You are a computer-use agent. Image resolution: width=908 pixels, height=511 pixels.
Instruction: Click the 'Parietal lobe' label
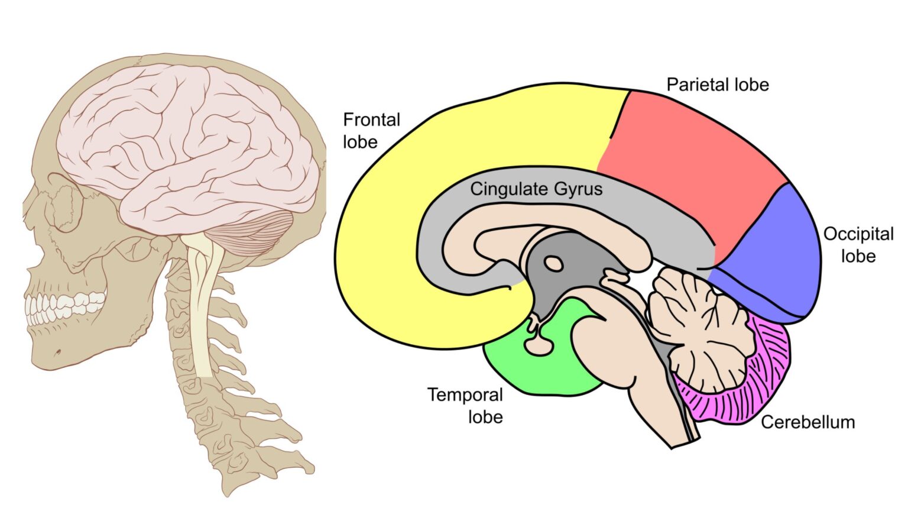[x=717, y=85]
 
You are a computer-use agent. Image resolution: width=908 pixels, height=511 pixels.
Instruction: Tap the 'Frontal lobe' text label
[x=371, y=131]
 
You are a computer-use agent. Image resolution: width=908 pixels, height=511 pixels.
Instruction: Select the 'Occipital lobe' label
[x=858, y=245]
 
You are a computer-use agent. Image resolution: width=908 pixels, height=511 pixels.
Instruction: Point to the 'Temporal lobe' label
[x=465, y=406]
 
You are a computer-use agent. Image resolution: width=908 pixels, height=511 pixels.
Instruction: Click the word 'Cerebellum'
[x=808, y=422]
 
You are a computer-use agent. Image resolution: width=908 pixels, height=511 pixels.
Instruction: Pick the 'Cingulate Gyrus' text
[x=536, y=189]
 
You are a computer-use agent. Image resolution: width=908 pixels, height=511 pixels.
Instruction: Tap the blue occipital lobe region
[x=774, y=260]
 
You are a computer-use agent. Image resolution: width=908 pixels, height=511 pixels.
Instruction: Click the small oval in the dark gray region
[x=553, y=263]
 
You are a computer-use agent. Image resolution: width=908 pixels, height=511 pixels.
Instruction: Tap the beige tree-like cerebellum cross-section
[x=698, y=325]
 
